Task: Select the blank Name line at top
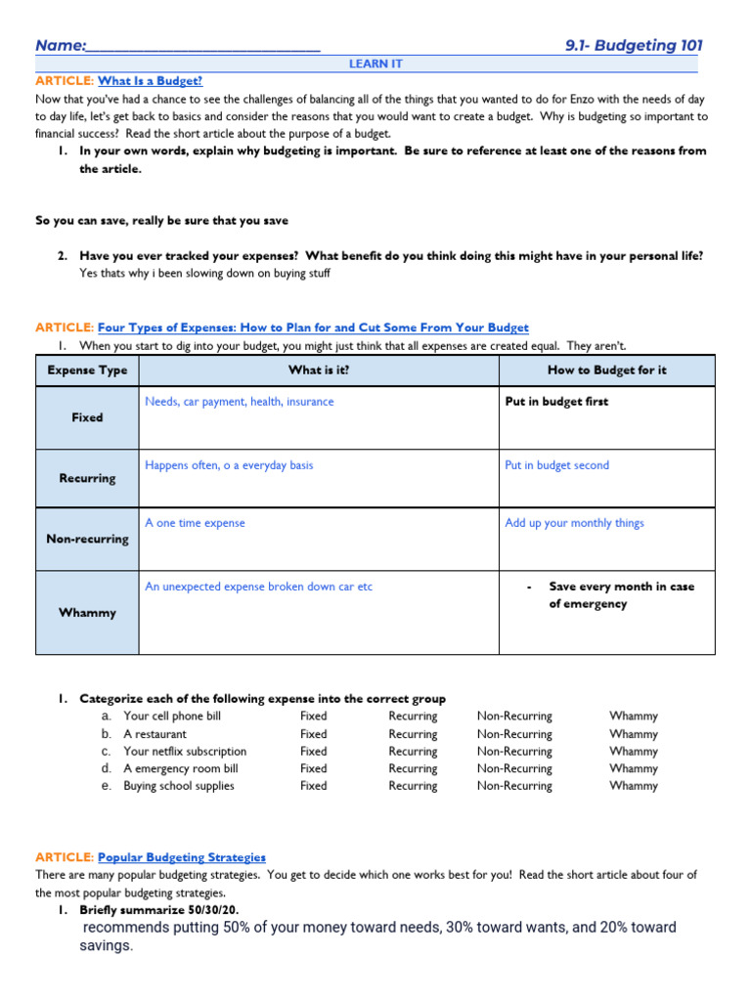pyautogui.click(x=202, y=47)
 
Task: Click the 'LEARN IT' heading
pyautogui.click(x=375, y=64)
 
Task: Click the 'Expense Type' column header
pyautogui.click(x=87, y=370)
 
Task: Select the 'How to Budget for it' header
pyautogui.click(x=606, y=370)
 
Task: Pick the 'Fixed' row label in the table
pyautogui.click(x=87, y=417)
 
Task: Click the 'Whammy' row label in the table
pyautogui.click(x=87, y=613)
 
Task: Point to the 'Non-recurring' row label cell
pyautogui.click(x=87, y=539)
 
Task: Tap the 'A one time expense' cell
pyautogui.click(x=195, y=523)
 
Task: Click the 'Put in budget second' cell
pyautogui.click(x=556, y=465)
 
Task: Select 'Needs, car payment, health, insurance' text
pyautogui.click(x=239, y=402)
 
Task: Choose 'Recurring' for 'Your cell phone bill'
pyautogui.click(x=413, y=717)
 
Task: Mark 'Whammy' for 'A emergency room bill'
pyautogui.click(x=633, y=768)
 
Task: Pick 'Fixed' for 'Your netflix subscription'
pyautogui.click(x=314, y=752)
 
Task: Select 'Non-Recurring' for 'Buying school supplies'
pyautogui.click(x=514, y=786)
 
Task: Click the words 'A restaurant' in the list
pyautogui.click(x=155, y=734)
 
